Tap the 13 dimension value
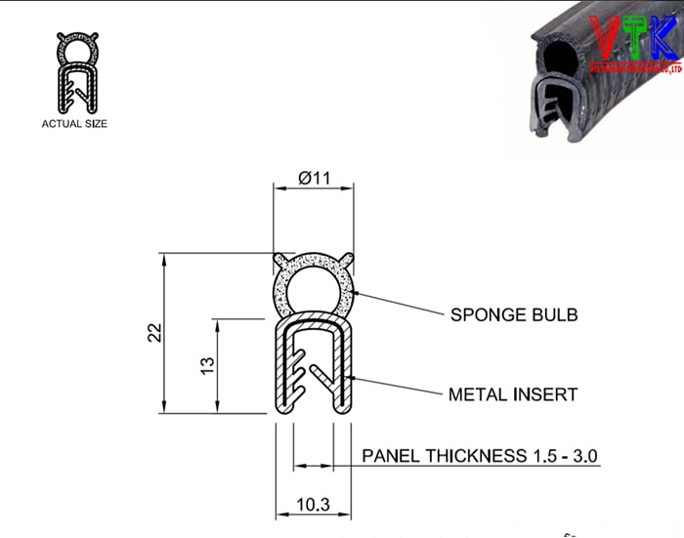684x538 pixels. [x=207, y=365]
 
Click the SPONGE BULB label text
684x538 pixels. [x=514, y=315]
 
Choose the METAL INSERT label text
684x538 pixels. [x=513, y=395]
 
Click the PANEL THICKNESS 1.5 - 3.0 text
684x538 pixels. [x=480, y=456]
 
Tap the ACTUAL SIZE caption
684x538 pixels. [x=74, y=124]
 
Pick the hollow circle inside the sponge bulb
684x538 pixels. [x=313, y=290]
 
